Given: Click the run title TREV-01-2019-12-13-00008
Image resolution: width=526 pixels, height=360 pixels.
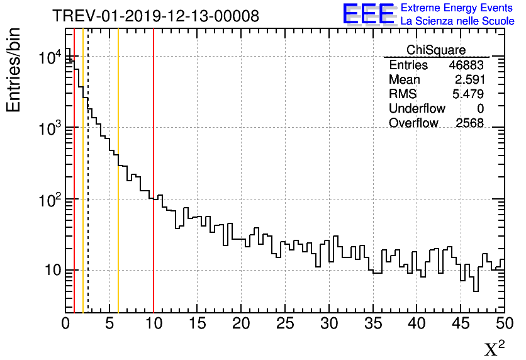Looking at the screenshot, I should (x=155, y=16).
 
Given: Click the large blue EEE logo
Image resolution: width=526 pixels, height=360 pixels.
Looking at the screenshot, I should (x=369, y=14).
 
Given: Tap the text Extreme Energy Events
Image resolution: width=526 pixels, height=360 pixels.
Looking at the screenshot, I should (x=457, y=8).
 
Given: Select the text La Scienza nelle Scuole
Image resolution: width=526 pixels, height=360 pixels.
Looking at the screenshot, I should (x=457, y=21).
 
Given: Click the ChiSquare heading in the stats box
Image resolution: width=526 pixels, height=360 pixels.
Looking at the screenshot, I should (x=436, y=50).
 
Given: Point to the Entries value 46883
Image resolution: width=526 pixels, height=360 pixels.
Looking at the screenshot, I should (x=466, y=65).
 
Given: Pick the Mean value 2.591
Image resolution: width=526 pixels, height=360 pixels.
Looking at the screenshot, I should (x=469, y=80).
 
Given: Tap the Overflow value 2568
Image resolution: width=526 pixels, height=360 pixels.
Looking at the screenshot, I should (x=469, y=123).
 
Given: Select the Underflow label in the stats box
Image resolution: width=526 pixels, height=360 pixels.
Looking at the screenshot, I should (x=417, y=109).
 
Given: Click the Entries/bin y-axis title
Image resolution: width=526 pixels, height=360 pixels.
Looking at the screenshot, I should (x=13, y=70).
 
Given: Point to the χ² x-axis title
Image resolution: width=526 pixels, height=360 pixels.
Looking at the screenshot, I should (x=494, y=348).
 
